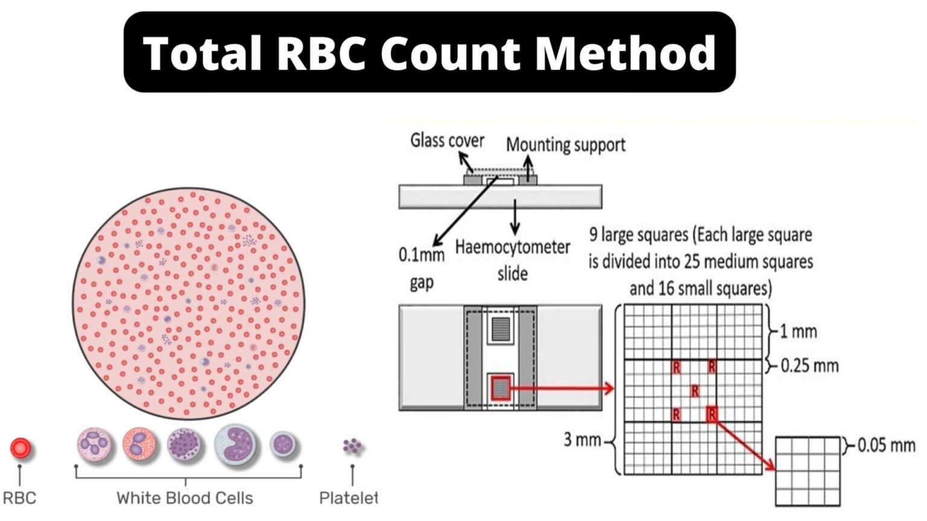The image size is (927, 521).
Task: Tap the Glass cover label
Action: coord(447,141)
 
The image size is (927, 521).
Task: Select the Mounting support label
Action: coord(565,145)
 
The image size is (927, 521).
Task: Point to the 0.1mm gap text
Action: coord(421,268)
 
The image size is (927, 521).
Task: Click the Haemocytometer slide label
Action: coord(512,260)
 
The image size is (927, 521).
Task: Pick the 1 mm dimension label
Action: coord(798,332)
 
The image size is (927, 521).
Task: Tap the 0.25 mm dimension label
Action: coord(809,365)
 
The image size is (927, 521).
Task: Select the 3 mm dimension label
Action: coord(582,440)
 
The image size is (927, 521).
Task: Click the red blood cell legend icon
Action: coord(21,448)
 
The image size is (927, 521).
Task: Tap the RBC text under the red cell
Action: coord(19,498)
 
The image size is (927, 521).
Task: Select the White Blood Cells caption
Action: coord(185,498)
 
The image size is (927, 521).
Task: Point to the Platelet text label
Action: coord(348,498)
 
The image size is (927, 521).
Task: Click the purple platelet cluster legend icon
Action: coord(352,446)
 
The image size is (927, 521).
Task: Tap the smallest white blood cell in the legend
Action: coord(282,445)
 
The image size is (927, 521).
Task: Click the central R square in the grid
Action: coord(695,391)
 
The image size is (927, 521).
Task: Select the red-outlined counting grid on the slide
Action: coord(500,388)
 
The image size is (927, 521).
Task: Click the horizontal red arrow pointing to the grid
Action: coord(561,388)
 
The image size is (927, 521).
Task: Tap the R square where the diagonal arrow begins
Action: coord(712,414)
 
